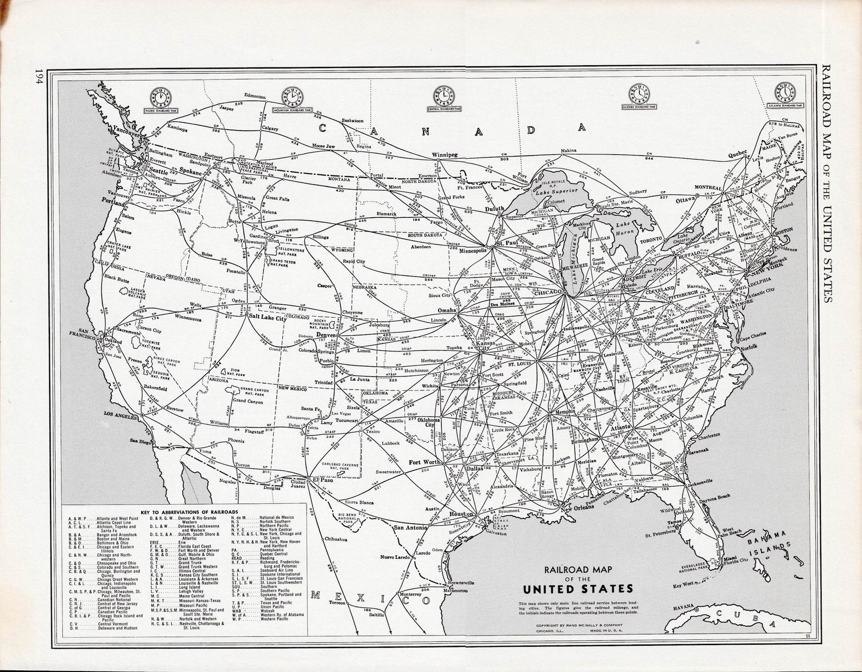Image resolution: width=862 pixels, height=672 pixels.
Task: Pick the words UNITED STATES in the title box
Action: coord(578,589)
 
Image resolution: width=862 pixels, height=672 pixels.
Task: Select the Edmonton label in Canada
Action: coord(255,96)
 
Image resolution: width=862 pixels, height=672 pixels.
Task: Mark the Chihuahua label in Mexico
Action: coord(334,539)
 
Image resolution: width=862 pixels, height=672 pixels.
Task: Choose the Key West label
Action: coord(684,586)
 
